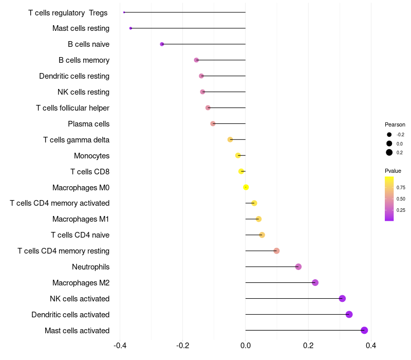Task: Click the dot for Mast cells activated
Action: tap(364, 330)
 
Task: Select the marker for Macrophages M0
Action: tap(246, 187)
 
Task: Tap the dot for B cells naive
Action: tap(162, 44)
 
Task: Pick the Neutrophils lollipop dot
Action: tap(298, 266)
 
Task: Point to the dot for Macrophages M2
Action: tap(315, 282)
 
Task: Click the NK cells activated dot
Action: tap(342, 298)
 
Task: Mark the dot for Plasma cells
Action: tap(213, 123)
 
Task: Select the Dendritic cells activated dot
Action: tap(349, 314)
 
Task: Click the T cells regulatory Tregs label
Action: tap(68, 12)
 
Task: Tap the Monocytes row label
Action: tap(91, 156)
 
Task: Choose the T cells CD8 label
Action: tap(90, 172)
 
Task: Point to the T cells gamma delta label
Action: tap(76, 140)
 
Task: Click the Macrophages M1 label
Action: tap(81, 219)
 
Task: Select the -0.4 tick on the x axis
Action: tap(120, 345)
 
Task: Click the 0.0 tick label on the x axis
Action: tap(246, 345)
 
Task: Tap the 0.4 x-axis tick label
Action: tap(371, 345)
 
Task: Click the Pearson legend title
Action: tap(395, 124)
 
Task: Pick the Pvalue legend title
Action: tap(393, 171)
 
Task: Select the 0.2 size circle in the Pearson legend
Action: tap(389, 152)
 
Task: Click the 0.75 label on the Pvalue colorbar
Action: tap(401, 188)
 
